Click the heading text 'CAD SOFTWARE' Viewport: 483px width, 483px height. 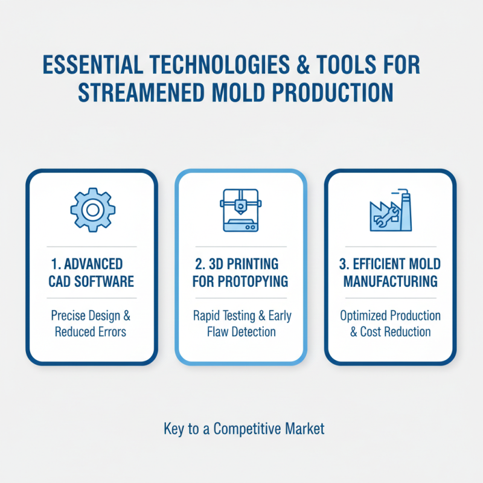(92, 281)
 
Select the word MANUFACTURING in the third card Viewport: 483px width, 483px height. (391, 281)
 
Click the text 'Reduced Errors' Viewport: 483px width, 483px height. (92, 331)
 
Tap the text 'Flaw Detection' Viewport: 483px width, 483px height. (240, 331)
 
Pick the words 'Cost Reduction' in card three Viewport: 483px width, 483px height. (396, 331)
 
